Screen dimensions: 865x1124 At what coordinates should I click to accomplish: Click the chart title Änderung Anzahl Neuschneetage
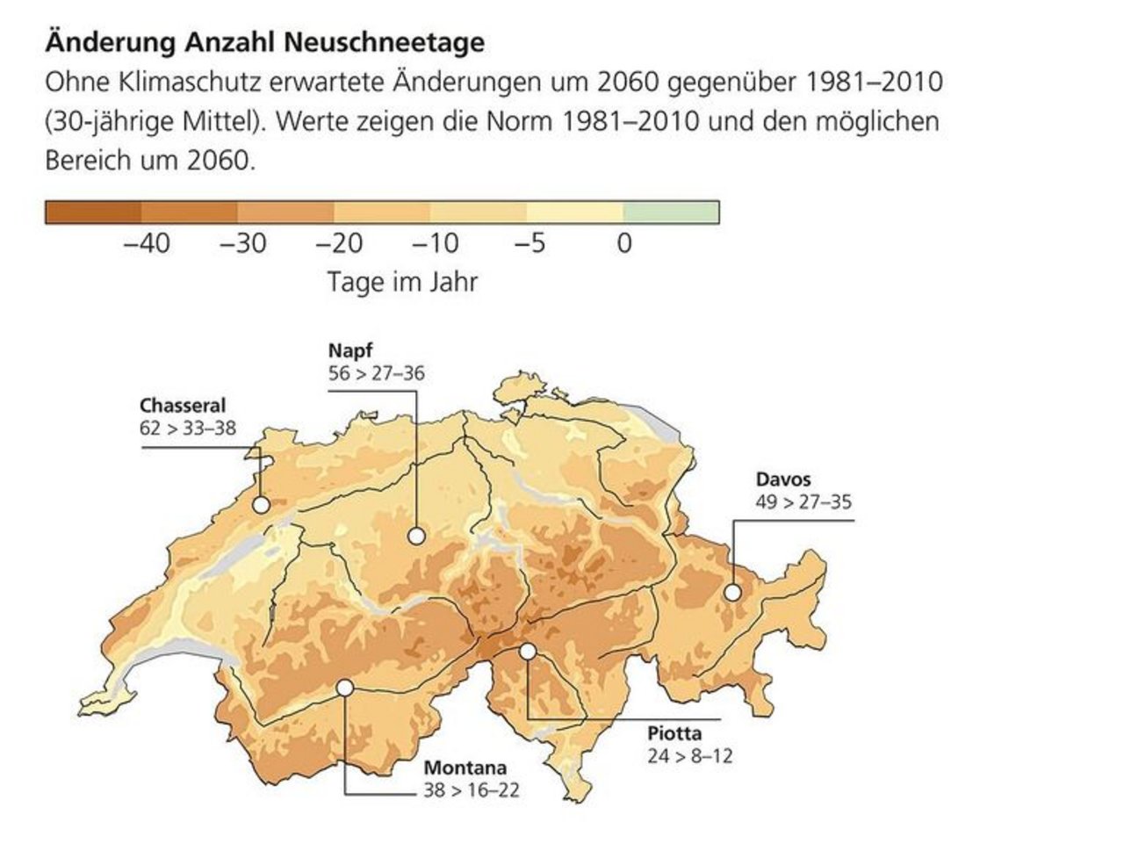pyautogui.click(x=263, y=42)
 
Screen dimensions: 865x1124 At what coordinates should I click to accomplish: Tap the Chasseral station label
pyautogui.click(x=183, y=406)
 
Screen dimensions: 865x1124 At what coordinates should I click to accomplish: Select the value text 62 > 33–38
pyautogui.click(x=188, y=429)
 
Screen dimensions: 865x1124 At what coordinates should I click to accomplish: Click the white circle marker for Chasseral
pyautogui.click(x=261, y=505)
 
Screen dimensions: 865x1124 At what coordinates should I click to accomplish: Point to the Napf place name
pyautogui.click(x=345, y=350)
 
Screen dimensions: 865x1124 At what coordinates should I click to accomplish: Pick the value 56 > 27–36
pyautogui.click(x=375, y=373)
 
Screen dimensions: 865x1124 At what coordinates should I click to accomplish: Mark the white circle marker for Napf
pyautogui.click(x=416, y=536)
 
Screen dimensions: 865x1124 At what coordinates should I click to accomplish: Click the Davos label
pyautogui.click(x=783, y=479)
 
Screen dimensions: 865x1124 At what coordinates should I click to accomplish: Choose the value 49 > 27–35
pyautogui.click(x=803, y=502)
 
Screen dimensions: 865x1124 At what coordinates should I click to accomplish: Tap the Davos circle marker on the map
pyautogui.click(x=732, y=593)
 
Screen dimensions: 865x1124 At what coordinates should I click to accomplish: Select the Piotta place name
pyautogui.click(x=674, y=733)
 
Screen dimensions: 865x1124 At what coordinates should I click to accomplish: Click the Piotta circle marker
pyautogui.click(x=528, y=652)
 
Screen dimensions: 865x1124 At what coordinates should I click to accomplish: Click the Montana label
pyautogui.click(x=465, y=768)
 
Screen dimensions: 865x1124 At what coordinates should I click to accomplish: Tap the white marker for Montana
pyautogui.click(x=344, y=688)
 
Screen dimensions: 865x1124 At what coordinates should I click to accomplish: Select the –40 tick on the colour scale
pyautogui.click(x=147, y=243)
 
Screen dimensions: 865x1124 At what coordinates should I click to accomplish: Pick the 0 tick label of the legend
pyautogui.click(x=624, y=243)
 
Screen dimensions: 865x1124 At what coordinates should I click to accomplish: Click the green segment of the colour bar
pyautogui.click(x=671, y=213)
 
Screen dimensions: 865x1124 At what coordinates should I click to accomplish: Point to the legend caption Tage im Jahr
pyautogui.click(x=402, y=282)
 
